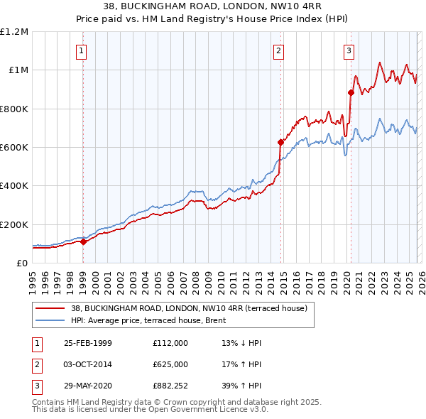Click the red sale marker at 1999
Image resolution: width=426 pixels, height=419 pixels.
click(84, 241)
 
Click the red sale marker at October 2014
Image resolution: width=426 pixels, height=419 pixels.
click(280, 142)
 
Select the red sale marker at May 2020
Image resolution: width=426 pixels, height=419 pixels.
click(351, 92)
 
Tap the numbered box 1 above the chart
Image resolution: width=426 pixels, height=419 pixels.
click(82, 50)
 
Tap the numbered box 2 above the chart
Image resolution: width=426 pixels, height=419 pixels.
click(279, 50)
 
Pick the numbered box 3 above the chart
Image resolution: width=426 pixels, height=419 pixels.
click(349, 50)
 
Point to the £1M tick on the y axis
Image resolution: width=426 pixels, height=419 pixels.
click(17, 70)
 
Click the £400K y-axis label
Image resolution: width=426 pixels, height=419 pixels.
click(14, 186)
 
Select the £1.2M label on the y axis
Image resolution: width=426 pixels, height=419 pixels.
click(14, 32)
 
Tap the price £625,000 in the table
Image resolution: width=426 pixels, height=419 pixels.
click(170, 364)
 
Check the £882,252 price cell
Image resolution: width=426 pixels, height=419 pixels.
click(170, 386)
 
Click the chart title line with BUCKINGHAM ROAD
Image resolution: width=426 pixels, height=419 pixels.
click(212, 8)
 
